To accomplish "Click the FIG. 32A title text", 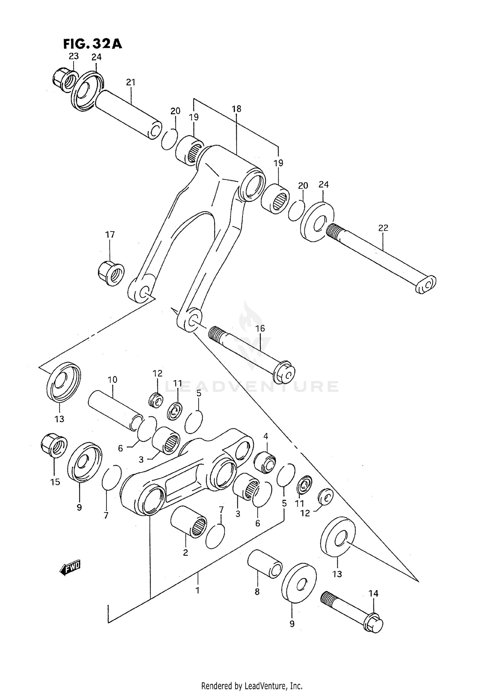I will click(x=92, y=44).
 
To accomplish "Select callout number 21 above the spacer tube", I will click(x=131, y=82).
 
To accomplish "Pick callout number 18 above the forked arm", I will click(x=237, y=109).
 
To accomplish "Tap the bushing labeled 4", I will click(x=265, y=463).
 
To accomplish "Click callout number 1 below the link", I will click(x=198, y=590).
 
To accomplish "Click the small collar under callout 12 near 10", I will click(x=156, y=400).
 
